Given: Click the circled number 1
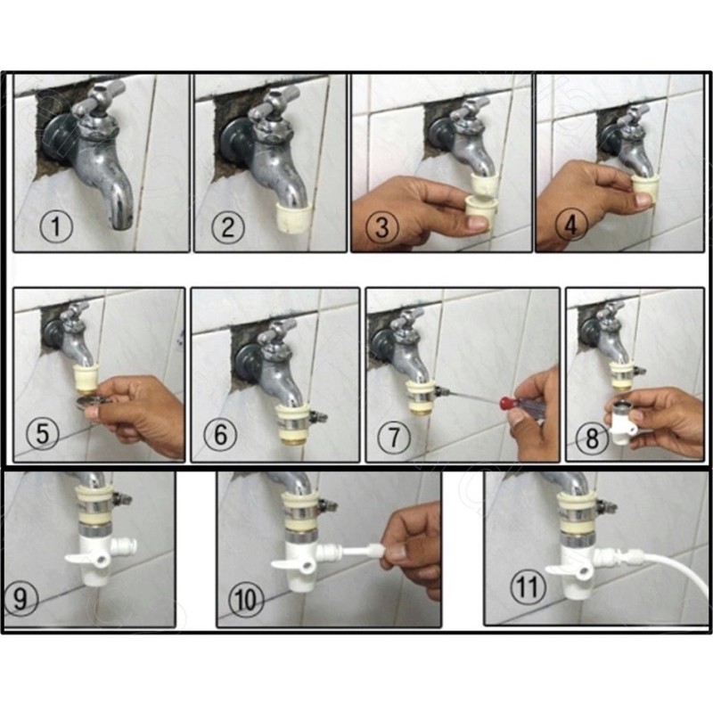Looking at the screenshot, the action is (56, 226).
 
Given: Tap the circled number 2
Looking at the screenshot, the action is (227, 227).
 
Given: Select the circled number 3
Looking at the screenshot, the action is (382, 227).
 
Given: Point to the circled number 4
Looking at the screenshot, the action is (571, 225).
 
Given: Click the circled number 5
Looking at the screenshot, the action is (42, 432).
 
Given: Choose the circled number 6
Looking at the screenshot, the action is (220, 433).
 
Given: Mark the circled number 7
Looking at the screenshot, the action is (394, 437).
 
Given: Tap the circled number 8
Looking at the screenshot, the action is (592, 438).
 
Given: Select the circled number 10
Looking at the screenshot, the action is (246, 598).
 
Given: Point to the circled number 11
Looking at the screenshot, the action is (528, 586).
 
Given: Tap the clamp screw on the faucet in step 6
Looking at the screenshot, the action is (317, 415).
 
